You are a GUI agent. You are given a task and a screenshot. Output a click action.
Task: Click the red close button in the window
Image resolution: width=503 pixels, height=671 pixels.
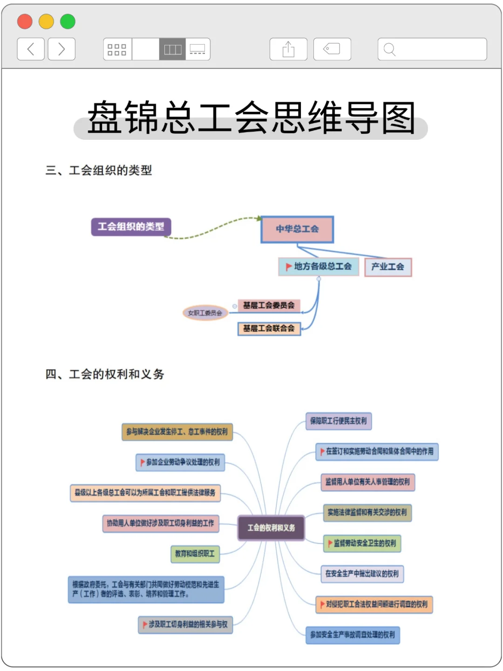[25, 21]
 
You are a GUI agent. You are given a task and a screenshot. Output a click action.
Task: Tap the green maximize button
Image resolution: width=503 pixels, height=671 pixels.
[68, 21]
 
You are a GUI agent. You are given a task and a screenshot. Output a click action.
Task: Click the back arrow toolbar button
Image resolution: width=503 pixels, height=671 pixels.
[31, 49]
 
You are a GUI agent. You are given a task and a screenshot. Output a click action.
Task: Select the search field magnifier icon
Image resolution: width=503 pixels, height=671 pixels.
[390, 49]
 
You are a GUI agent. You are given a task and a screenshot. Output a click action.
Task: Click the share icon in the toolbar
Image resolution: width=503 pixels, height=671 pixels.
[288, 49]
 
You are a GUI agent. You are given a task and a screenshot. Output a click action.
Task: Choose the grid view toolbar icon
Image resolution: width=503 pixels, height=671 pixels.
[117, 49]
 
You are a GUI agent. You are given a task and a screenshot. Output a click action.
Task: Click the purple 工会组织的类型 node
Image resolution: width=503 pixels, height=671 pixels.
[131, 227]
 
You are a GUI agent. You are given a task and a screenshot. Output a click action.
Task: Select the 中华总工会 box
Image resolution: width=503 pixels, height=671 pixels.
[297, 229]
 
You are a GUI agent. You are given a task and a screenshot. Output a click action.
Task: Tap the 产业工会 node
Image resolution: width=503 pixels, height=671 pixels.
[387, 267]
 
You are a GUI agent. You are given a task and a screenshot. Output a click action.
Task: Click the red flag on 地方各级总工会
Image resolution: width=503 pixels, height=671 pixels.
[288, 267]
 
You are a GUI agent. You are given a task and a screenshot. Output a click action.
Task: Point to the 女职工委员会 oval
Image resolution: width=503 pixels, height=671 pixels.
[205, 313]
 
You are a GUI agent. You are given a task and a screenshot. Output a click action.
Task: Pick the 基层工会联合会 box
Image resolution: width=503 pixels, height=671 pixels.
[269, 329]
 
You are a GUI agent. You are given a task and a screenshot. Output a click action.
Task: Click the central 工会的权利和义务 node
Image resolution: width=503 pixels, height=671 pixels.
[271, 528]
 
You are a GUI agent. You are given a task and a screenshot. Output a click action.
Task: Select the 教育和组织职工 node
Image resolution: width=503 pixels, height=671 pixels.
[195, 554]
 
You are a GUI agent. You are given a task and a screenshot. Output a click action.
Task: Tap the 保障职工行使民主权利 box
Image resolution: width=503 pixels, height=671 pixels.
[339, 421]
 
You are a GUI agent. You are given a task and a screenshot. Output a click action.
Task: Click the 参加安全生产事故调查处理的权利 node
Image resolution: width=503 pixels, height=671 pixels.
[353, 635]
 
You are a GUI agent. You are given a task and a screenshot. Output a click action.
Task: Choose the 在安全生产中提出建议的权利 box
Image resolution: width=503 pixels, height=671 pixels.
[362, 574]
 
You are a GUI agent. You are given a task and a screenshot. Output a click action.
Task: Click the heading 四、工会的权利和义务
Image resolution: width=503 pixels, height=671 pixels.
[105, 374]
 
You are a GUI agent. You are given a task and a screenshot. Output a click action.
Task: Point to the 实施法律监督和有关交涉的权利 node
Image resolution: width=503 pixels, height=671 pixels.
[367, 513]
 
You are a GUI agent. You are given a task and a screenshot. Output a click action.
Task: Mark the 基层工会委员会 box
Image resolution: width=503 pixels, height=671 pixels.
[269, 306]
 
